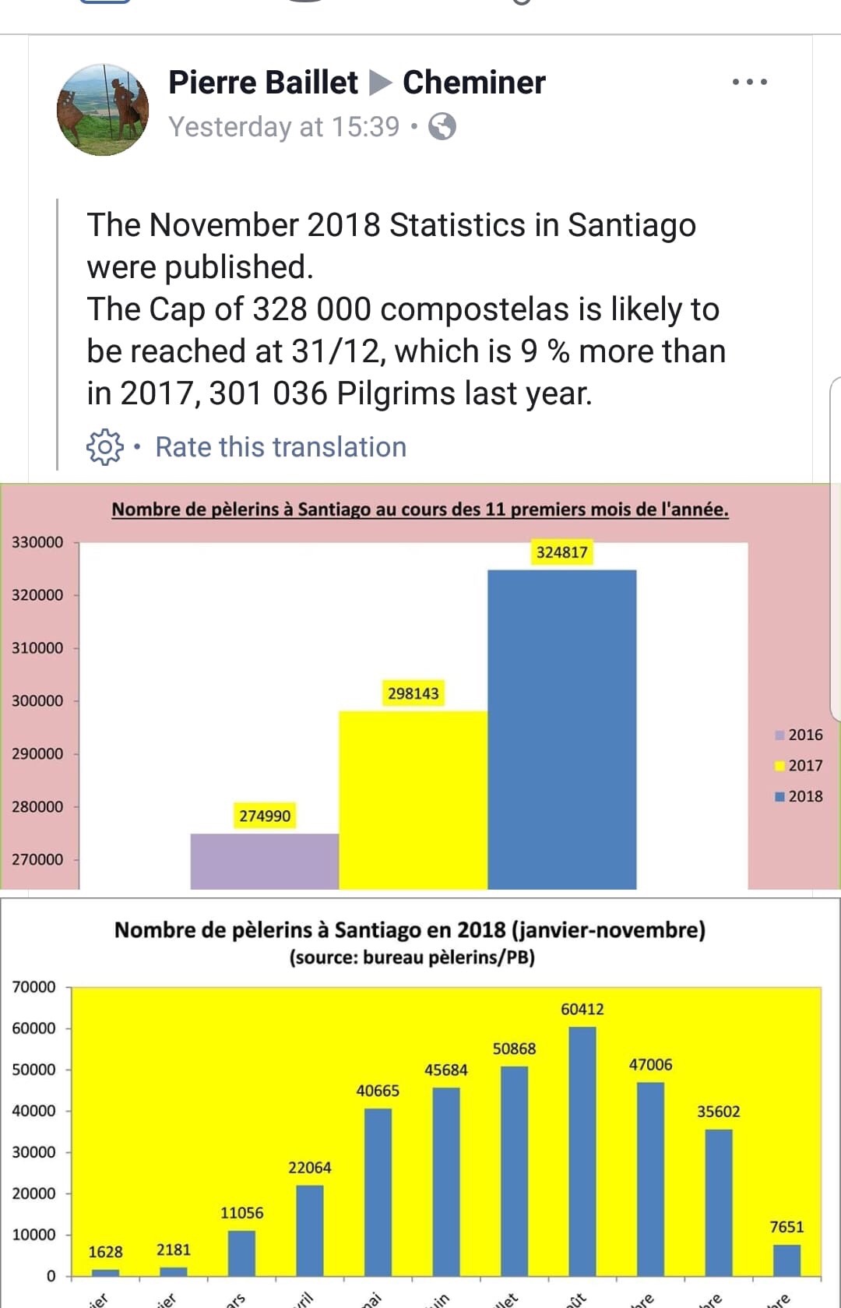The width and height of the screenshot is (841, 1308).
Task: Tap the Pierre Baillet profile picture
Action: point(103,110)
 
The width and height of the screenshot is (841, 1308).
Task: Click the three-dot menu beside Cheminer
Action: point(749,82)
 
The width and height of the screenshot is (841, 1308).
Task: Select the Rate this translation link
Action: point(280,447)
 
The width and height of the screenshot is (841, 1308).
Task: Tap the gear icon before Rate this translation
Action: point(104,447)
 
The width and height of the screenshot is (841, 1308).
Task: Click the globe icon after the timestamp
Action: point(442,126)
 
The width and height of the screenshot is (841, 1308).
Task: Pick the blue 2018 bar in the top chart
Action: point(561,728)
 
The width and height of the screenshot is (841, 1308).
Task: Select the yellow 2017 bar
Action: point(413,799)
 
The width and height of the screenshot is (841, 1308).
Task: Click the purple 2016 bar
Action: point(264,861)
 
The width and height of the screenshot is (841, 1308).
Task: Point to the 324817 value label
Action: point(561,552)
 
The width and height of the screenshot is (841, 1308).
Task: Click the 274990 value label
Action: point(265,816)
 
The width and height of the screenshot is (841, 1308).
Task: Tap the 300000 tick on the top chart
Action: point(37,700)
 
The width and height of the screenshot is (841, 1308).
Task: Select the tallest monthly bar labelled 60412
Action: point(582,1150)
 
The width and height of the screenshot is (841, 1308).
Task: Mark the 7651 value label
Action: point(786,1227)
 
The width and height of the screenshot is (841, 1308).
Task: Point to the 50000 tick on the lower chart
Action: point(33,1070)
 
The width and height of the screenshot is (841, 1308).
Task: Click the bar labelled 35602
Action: point(718,1201)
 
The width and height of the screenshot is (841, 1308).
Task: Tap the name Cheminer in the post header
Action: point(473,82)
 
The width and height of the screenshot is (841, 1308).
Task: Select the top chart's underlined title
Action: point(420,509)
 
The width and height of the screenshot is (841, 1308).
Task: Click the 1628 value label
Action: point(105,1252)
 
